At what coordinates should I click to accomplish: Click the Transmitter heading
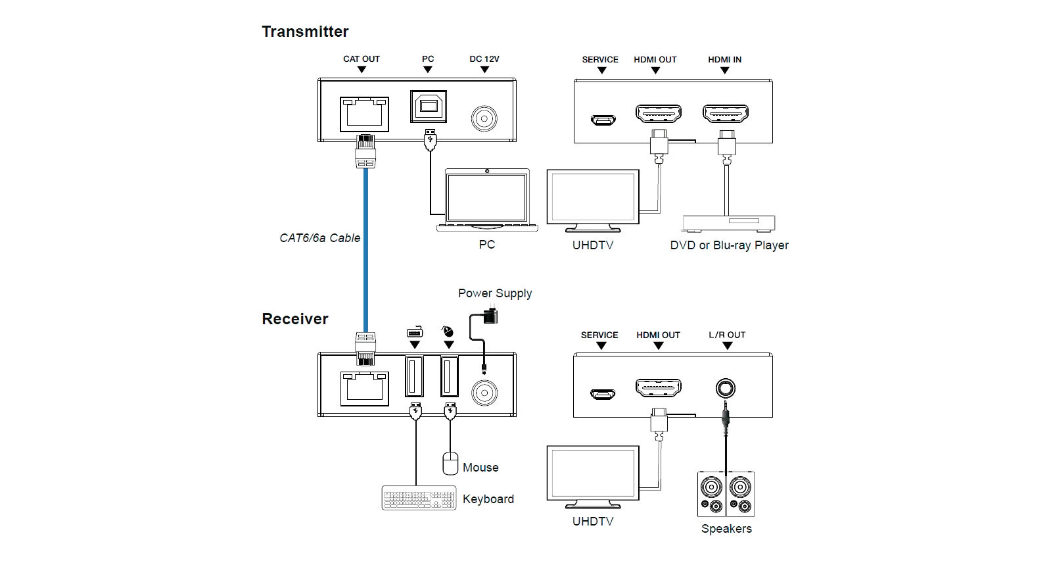point(306,31)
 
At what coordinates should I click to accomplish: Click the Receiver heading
point(295,319)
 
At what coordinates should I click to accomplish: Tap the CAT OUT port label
point(361,59)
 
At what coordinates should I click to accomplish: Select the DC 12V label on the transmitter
point(484,59)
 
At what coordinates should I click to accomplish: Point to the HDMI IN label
point(724,59)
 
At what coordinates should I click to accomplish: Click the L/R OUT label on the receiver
point(726,335)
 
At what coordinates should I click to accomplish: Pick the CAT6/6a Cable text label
point(320,237)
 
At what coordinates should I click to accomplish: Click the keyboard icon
point(418,497)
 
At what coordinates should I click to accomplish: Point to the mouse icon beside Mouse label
point(450,463)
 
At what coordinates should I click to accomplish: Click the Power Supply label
point(494,293)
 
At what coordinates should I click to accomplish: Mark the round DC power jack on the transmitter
point(484,119)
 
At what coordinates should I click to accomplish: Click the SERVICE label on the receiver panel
point(599,335)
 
